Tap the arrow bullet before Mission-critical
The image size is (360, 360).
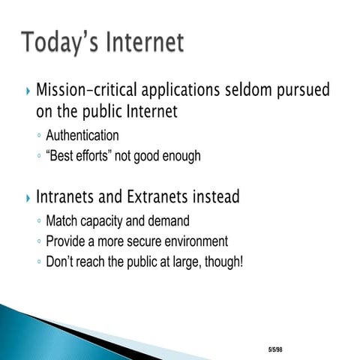[x=28, y=92]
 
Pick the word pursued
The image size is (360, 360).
[x=314, y=92]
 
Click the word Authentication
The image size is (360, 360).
[x=82, y=136]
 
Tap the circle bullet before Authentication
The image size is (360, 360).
[x=38, y=136]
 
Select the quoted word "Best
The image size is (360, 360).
[x=61, y=156]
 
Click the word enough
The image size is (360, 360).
[x=181, y=156]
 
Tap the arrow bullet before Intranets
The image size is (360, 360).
[x=28, y=198]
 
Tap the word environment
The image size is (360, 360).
[x=201, y=241]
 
